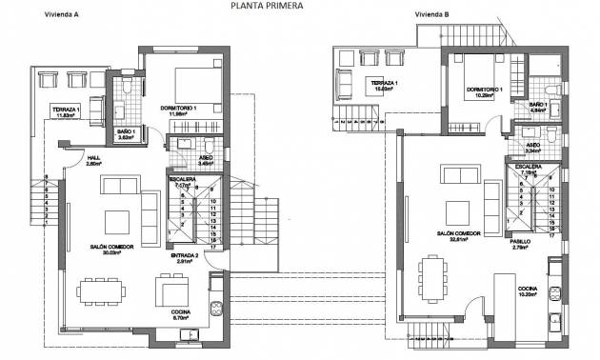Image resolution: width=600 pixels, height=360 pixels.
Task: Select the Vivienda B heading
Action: pyautogui.click(x=433, y=15)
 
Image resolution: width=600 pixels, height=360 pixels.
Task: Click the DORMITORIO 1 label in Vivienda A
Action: pyautogui.click(x=183, y=109)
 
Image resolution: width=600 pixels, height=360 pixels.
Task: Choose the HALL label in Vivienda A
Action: pyautogui.click(x=93, y=159)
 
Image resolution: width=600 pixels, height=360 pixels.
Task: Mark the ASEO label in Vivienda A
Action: pyautogui.click(x=206, y=158)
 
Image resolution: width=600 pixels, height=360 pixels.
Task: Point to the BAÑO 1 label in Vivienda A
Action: pyautogui.click(x=126, y=133)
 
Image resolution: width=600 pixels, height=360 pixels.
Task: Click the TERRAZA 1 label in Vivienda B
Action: pyautogui.click(x=384, y=84)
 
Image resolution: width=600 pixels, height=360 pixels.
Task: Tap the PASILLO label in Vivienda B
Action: pyautogui.click(x=519, y=242)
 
